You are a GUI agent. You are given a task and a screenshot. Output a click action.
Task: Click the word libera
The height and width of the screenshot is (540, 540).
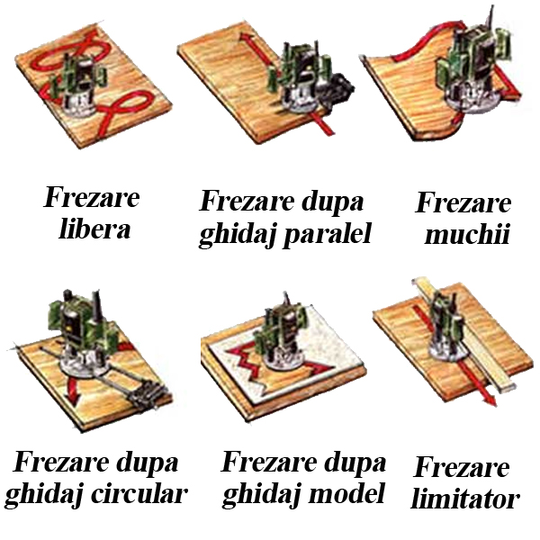click(x=94, y=229)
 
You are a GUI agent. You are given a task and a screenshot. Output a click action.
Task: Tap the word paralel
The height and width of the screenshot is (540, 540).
click(x=328, y=234)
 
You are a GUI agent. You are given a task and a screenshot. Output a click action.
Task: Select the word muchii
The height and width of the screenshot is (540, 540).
click(x=467, y=235)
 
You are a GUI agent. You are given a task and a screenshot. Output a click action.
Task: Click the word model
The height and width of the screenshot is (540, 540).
click(x=346, y=493)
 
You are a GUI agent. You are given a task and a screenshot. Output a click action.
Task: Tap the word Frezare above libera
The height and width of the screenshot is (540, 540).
click(x=92, y=197)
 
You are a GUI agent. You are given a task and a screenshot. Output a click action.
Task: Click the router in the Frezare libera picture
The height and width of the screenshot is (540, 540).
click(x=76, y=85)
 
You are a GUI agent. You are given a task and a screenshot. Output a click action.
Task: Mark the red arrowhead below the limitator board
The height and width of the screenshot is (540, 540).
click(x=490, y=400)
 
